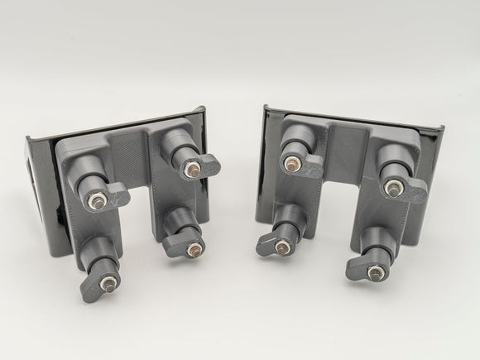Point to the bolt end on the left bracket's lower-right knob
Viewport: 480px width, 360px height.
point(194,247)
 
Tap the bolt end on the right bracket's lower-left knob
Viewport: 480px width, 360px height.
point(283,244)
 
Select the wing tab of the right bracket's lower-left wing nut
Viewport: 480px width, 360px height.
point(266,244)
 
